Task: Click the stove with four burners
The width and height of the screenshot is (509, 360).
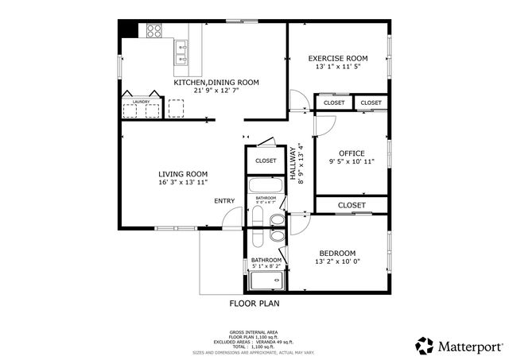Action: coord(153,31)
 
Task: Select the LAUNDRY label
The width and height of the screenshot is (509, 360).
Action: coord(142,102)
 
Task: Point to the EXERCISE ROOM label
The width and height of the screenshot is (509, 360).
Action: coord(338,58)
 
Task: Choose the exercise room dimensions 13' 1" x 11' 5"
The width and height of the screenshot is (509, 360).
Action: coord(338,67)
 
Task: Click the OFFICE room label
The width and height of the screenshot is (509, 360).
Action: coord(351,153)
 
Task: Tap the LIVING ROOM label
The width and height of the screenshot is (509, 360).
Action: coord(182,174)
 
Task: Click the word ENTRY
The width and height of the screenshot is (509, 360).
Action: coord(224,201)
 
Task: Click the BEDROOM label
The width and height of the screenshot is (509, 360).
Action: coord(337,253)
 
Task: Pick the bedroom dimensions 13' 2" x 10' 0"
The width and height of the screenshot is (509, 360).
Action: coord(337,261)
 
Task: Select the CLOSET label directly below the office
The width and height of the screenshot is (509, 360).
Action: coord(351,205)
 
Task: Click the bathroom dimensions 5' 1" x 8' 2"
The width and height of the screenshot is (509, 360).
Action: coord(266,266)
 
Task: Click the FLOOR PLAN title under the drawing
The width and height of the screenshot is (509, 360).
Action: coord(254,303)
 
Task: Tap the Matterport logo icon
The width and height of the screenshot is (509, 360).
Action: coord(425,346)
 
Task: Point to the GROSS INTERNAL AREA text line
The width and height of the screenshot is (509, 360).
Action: coord(254,332)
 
